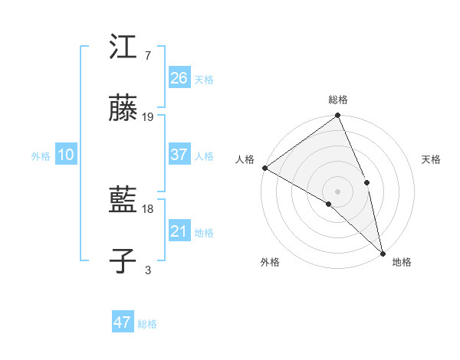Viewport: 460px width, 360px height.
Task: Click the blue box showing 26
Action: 179,78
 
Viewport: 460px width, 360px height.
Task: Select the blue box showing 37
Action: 179,155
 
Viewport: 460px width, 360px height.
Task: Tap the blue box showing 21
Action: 179,231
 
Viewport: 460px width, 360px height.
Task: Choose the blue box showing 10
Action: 66,155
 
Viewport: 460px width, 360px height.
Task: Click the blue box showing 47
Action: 123,322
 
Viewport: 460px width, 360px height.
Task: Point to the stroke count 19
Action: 148,117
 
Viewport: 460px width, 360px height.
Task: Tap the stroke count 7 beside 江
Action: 147,56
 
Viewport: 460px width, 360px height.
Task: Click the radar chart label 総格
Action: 338,100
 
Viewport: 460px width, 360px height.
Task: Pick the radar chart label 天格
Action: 431,159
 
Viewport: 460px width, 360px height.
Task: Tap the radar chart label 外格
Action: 270,262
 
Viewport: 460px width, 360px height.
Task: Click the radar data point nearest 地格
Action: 383,252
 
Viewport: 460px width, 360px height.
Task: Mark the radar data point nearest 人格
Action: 264,168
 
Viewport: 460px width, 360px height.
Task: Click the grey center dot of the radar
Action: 337,191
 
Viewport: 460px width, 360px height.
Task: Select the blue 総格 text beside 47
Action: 147,324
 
